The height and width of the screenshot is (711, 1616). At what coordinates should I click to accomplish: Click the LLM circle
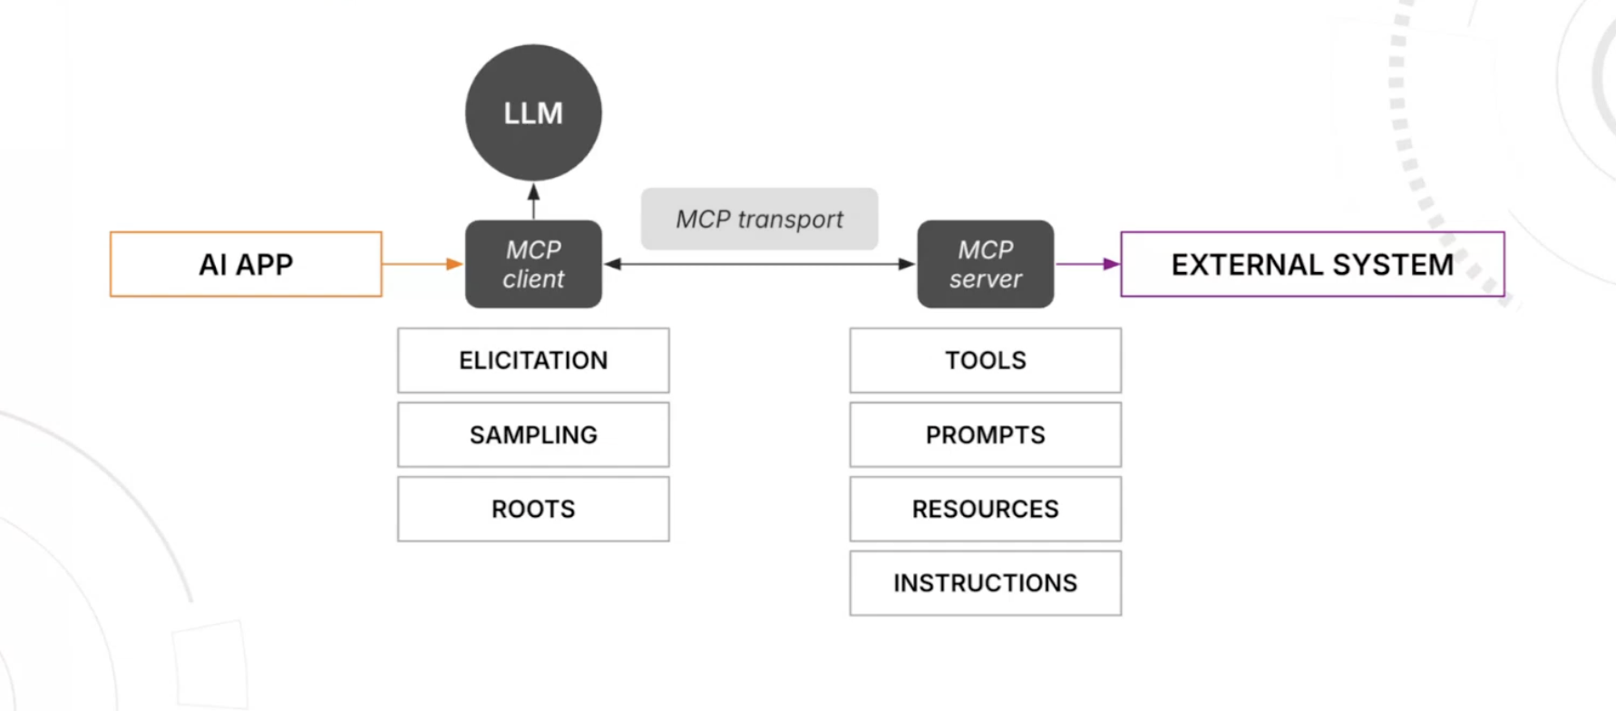[533, 112]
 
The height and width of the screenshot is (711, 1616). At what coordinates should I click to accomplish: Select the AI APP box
[246, 264]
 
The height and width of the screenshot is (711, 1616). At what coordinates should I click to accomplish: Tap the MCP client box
[533, 264]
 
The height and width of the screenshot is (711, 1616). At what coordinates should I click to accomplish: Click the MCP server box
[985, 264]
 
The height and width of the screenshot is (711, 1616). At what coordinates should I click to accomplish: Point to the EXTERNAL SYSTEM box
[1312, 264]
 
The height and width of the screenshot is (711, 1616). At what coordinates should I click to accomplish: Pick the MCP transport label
[759, 219]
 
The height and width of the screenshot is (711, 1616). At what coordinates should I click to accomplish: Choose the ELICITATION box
[533, 360]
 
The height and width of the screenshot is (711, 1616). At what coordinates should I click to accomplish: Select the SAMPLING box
[533, 434]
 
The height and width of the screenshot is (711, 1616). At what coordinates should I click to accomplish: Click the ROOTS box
[533, 509]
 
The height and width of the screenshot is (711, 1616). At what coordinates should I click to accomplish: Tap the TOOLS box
[985, 360]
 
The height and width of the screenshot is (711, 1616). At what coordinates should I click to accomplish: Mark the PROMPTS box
[985, 434]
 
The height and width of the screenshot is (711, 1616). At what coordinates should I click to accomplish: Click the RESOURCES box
[985, 509]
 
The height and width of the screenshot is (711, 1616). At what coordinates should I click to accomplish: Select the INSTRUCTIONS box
[985, 583]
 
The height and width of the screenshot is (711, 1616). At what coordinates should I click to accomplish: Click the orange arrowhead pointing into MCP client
[454, 264]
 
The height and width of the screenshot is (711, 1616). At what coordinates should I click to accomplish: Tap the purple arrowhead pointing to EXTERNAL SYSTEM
[1111, 264]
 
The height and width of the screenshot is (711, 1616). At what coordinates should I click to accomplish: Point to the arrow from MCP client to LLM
[533, 201]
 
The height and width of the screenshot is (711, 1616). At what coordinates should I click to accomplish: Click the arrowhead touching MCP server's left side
[906, 264]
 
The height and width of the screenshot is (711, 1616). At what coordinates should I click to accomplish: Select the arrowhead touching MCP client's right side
[614, 264]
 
